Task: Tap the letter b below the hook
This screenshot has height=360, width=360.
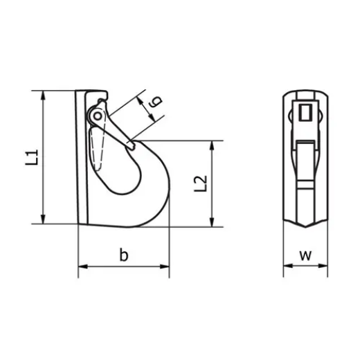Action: point(124,255)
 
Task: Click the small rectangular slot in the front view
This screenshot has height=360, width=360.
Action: point(305,111)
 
